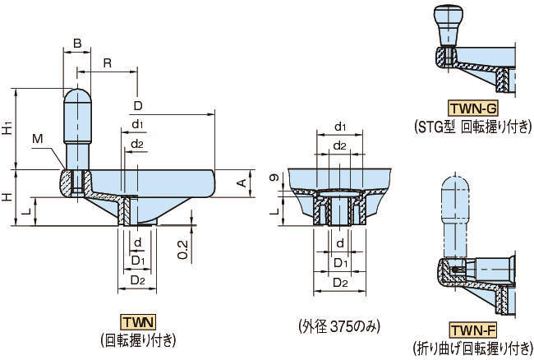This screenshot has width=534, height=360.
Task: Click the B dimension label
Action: pos(76,42)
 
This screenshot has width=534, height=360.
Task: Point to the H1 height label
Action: pos(7,128)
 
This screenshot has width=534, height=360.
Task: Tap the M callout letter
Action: pos(38,140)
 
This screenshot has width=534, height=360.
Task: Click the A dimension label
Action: pos(242,182)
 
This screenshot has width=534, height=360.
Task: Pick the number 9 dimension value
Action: pos(272,178)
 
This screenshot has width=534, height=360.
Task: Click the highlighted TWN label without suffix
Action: pos(137,321)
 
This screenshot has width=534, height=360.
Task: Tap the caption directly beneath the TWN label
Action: pos(137,339)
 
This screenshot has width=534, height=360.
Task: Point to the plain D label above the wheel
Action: pos(137,106)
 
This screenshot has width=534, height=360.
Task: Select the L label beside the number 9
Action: pos(274,210)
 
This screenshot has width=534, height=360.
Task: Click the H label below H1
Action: pos(7,197)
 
